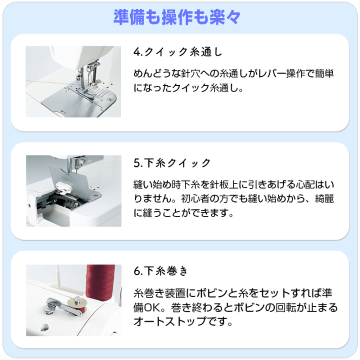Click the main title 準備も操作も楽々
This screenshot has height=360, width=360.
pyautogui.click(x=177, y=17)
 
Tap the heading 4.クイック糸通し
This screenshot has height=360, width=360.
pyautogui.click(x=178, y=52)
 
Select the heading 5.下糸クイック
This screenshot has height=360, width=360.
pyautogui.click(x=172, y=163)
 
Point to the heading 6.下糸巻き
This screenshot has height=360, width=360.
pyautogui.click(x=160, y=271)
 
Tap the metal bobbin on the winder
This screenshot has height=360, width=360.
pyautogui.click(x=77, y=305)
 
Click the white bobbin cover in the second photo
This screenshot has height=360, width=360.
pyautogui.click(x=64, y=186)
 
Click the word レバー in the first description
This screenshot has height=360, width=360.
pyautogui.click(x=272, y=74)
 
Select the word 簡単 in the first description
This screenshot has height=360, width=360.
pyautogui.click(x=324, y=74)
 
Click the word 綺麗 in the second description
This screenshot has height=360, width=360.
pyautogui.click(x=324, y=199)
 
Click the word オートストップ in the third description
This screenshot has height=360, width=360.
pyautogui.click(x=170, y=321)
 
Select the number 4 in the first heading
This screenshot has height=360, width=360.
pyautogui.click(x=136, y=52)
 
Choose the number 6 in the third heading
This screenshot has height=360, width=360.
pyautogui.click(x=137, y=271)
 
